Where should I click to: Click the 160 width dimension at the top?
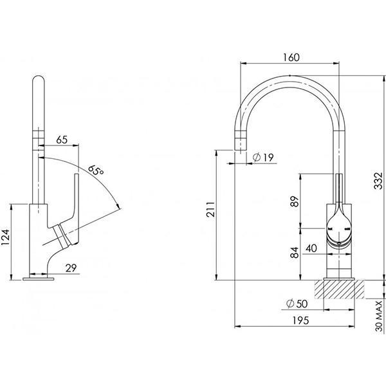coord(291,57)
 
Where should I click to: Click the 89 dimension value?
coord(295,202)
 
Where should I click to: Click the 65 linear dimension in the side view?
coord(62,138)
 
